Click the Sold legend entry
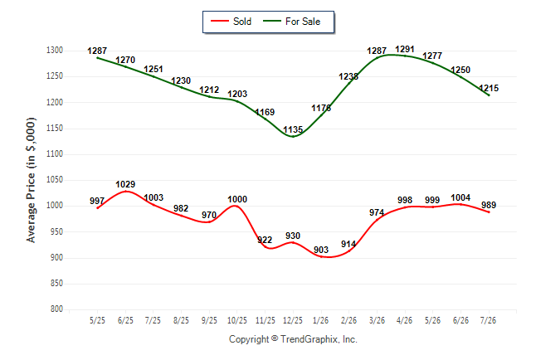231,22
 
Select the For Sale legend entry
291,22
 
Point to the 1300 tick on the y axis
55,51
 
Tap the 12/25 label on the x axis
293,320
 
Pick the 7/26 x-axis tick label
488,320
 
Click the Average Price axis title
31,180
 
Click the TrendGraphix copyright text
293,339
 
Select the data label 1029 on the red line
125,185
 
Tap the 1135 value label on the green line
293,130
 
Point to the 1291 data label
405,50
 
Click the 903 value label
321,250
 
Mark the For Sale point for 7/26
489,95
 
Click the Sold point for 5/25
98,208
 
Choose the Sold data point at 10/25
237,206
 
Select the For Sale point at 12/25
293,136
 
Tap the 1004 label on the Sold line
460,198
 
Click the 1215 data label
489,88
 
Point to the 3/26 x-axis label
377,320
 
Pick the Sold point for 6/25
126,191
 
